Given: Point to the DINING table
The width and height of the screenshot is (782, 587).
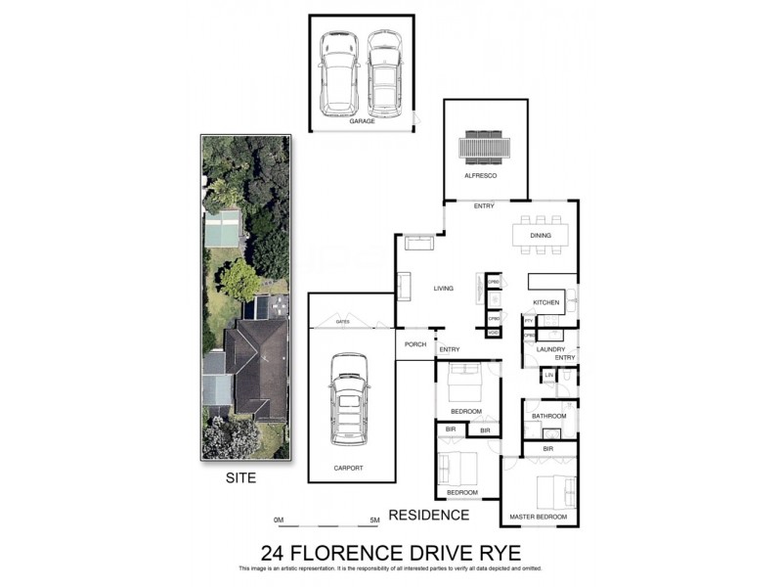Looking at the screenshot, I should [541, 235].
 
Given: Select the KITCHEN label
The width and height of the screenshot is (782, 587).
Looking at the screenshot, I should [546, 302].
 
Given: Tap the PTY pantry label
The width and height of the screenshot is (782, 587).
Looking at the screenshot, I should [528, 320].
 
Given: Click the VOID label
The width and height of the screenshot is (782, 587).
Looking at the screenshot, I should [494, 334].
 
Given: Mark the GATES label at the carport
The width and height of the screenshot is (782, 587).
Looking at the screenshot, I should [342, 321].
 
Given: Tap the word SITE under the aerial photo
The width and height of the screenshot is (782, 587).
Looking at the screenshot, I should [241, 478].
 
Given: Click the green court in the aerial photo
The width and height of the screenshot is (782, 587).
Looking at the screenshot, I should [222, 229].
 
